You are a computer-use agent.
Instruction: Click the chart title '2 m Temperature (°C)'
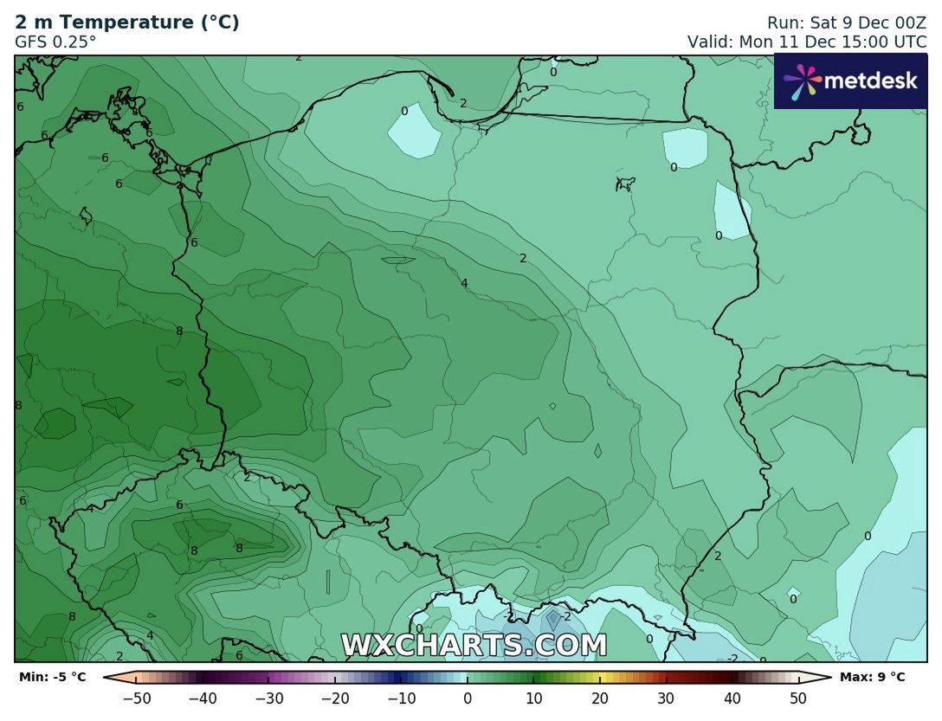tap(127, 23)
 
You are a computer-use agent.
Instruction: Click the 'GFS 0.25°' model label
tap(55, 42)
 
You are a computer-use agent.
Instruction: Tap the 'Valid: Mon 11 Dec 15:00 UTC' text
tap(807, 42)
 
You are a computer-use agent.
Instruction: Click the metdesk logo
tap(850, 81)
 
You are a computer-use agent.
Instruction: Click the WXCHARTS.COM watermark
tap(474, 646)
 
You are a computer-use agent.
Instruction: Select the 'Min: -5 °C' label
tap(53, 677)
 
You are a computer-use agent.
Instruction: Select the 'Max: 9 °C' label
tap(872, 677)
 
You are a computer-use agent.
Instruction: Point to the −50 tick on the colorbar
tap(137, 698)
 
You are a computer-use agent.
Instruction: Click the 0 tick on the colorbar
tap(468, 698)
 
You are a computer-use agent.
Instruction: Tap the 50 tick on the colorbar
tap(798, 698)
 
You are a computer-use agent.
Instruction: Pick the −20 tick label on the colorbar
tap(335, 698)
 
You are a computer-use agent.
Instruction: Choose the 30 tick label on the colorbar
tap(666, 698)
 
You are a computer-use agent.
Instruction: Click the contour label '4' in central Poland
tap(465, 283)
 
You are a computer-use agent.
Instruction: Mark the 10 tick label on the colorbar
tap(533, 698)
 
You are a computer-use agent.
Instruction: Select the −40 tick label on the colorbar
tap(203, 698)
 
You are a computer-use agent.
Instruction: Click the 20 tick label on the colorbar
tap(600, 698)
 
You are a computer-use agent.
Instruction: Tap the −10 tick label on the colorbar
tap(401, 698)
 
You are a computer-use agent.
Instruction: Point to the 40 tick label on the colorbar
tap(732, 698)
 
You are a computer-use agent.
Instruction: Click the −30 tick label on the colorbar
tap(269, 698)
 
